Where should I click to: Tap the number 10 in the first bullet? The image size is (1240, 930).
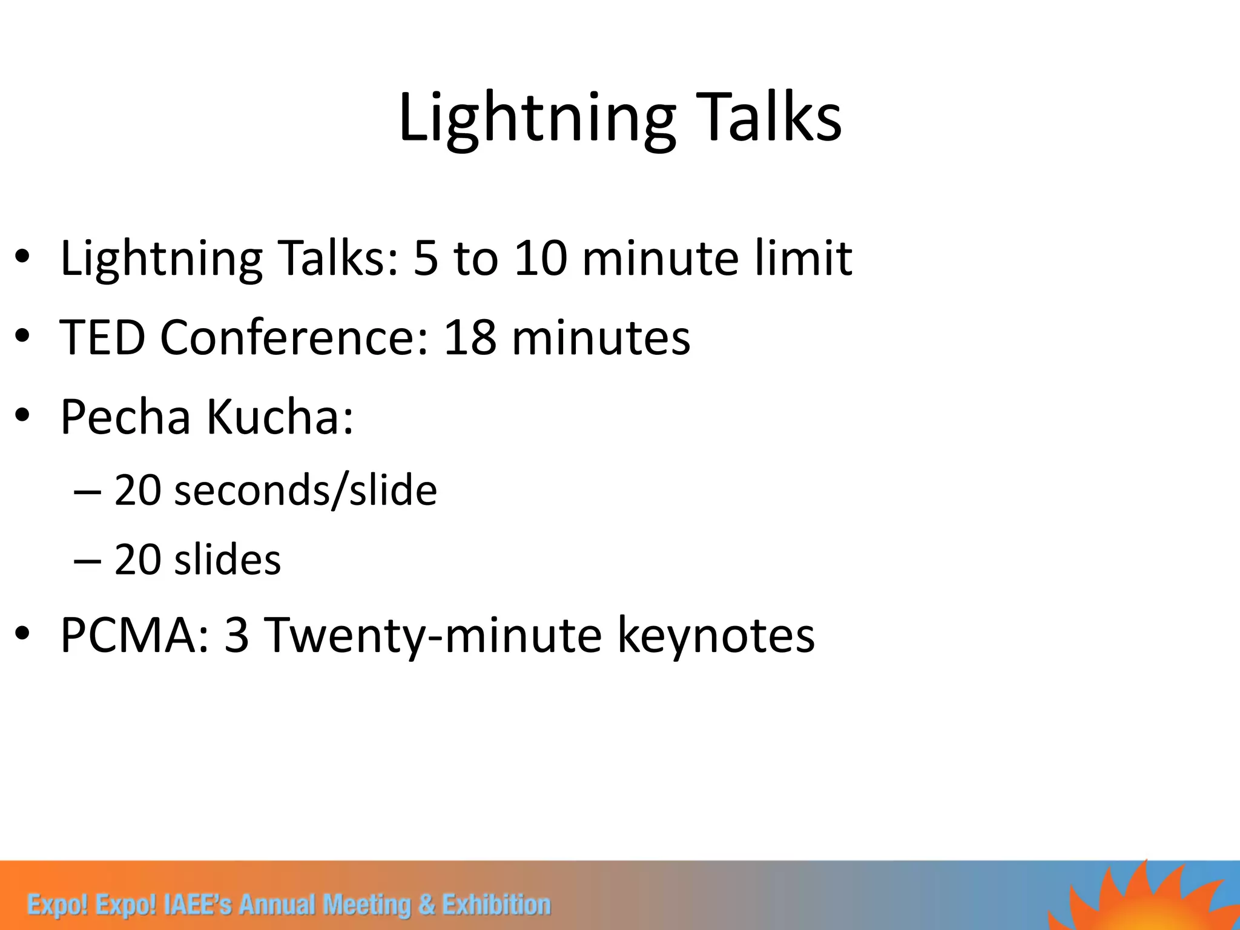pyautogui.click(x=541, y=259)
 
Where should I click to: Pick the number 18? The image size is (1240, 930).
pyautogui.click(x=470, y=337)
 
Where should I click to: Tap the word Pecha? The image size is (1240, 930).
pyautogui.click(x=125, y=417)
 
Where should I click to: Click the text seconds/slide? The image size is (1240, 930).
pyautogui.click(x=305, y=490)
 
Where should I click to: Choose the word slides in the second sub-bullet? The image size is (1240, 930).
pyautogui.click(x=228, y=560)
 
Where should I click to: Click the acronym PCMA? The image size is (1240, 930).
pyautogui.click(x=134, y=635)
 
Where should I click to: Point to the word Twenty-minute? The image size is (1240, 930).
pyautogui.click(x=434, y=635)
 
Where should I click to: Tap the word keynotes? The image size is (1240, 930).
pyautogui.click(x=716, y=635)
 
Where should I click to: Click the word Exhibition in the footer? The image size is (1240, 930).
pyautogui.click(x=496, y=905)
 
